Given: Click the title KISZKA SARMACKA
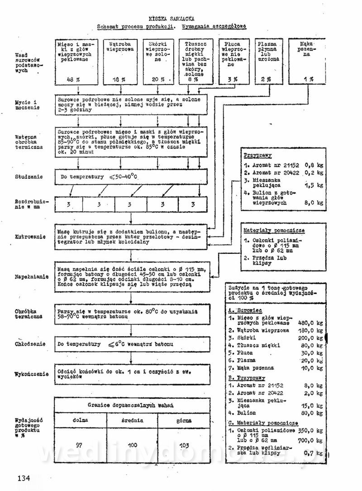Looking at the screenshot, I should (171, 19).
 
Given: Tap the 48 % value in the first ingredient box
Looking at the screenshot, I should (74, 79).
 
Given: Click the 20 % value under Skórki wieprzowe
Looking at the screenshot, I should (157, 79).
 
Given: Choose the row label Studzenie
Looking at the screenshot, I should (28, 176).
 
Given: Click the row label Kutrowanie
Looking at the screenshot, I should (28, 236).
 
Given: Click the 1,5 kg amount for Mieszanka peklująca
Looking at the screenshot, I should (314, 185).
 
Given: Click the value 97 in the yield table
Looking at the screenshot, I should (79, 445).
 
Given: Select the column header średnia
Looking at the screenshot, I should (132, 420).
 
